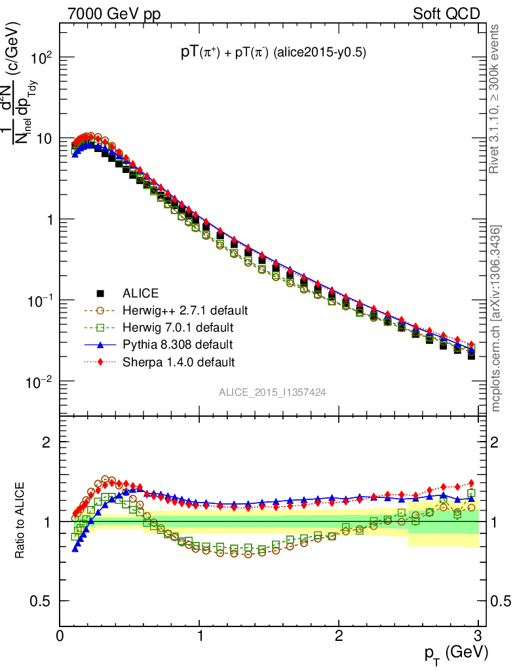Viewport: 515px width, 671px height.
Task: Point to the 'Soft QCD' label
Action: [447, 14]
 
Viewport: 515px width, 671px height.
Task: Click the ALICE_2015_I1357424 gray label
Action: [273, 392]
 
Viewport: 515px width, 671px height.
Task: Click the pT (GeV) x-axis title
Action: [455, 653]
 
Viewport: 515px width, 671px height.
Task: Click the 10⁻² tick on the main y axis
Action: [39, 381]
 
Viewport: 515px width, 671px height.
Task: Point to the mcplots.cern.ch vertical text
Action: [497, 318]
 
